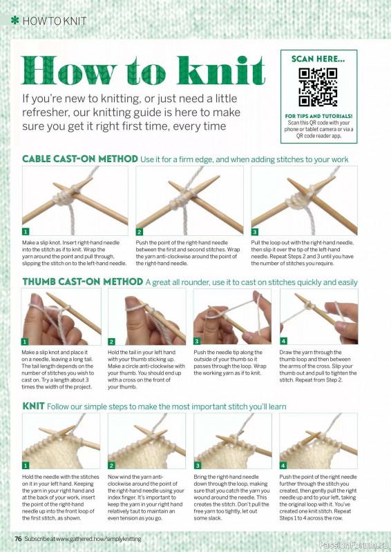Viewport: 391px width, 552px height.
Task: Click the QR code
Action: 318,88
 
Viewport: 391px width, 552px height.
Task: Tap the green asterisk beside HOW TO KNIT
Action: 15,21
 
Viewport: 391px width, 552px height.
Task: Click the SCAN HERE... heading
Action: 318,59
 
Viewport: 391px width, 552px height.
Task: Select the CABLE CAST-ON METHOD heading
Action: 80,159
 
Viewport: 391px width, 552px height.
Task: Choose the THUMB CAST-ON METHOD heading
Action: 82,282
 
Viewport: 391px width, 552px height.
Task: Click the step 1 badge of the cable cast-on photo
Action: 26,232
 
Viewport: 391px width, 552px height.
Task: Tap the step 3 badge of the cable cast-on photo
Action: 254,232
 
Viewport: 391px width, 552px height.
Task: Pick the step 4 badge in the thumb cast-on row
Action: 283,341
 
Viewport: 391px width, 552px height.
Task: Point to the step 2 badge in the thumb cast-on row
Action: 111,342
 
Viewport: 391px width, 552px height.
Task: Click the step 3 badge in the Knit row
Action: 198,465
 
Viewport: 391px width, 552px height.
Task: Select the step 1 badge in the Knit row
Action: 26,465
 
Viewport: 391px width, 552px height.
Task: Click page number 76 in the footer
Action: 19,539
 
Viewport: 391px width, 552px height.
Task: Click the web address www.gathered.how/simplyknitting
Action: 99,539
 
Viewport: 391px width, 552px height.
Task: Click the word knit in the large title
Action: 221,71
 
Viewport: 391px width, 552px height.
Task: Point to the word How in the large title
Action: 69,70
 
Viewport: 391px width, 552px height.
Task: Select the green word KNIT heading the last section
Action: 33,406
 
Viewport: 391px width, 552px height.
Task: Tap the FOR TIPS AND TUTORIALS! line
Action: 318,116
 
